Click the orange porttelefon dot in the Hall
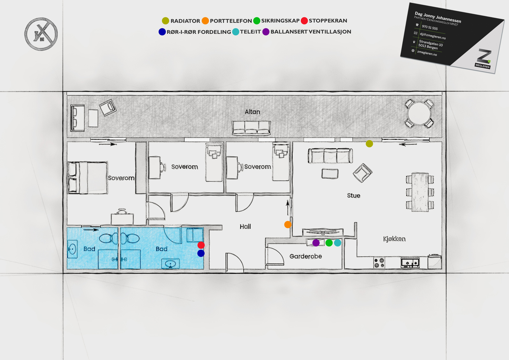click(288, 224)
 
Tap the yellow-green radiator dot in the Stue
click(369, 144)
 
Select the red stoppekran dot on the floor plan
click(201, 245)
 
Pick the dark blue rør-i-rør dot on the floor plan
click(201, 253)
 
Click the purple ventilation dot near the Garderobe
click(316, 243)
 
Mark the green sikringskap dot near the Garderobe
click(329, 243)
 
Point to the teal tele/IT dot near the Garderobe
click(338, 243)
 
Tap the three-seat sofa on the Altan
click(251, 128)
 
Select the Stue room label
click(353, 195)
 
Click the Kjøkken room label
click(394, 239)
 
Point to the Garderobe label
click(306, 256)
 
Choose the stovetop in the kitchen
click(379, 262)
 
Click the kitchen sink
click(410, 263)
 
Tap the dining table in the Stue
click(420, 192)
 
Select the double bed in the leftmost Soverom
click(88, 178)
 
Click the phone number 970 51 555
click(430, 27)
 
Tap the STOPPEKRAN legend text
click(328, 21)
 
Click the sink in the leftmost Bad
click(73, 249)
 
